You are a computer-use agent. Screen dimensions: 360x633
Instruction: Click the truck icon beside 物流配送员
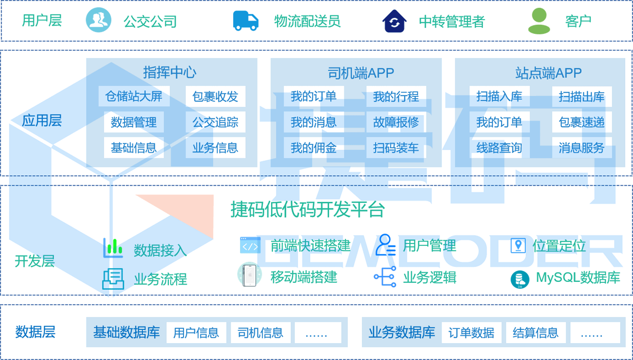246,21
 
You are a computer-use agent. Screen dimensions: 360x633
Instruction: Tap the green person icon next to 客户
539,21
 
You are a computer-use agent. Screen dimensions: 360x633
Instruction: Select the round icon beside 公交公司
99,21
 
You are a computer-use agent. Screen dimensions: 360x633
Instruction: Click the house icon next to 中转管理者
394,21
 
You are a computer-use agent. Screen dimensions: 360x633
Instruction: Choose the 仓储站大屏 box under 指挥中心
134,97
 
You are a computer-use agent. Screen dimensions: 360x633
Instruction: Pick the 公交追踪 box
215,122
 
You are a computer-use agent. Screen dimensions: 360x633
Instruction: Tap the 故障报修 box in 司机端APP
396,122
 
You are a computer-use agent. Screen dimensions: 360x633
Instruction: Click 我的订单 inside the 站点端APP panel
499,122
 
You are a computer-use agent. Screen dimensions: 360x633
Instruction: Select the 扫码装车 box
396,148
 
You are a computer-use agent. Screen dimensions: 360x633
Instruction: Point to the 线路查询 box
499,148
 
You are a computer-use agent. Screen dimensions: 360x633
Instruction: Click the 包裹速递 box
582,122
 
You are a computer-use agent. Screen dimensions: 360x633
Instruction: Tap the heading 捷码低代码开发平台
308,210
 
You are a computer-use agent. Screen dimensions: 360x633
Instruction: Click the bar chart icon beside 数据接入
113,248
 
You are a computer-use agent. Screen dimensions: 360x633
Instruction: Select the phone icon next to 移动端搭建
250,275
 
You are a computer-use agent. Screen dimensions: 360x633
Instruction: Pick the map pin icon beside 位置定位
518,245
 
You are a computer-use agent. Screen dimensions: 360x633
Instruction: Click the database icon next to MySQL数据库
520,279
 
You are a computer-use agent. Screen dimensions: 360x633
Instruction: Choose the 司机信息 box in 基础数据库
260,333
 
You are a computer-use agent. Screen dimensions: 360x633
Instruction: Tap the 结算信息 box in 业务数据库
535,333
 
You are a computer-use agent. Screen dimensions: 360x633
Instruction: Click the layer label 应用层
42,120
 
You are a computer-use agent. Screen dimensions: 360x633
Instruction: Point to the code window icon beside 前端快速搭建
250,245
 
